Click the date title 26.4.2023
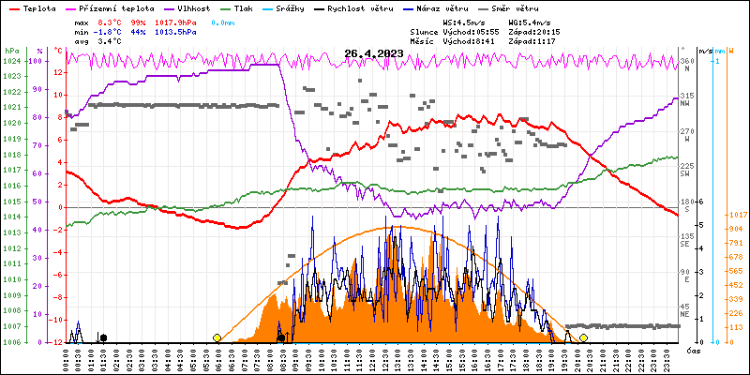click(373, 53)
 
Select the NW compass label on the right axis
click(685, 103)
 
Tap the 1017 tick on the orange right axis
click(737, 213)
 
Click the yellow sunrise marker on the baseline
click(217, 337)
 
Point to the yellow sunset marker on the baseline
click(583, 337)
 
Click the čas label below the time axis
click(695, 351)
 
